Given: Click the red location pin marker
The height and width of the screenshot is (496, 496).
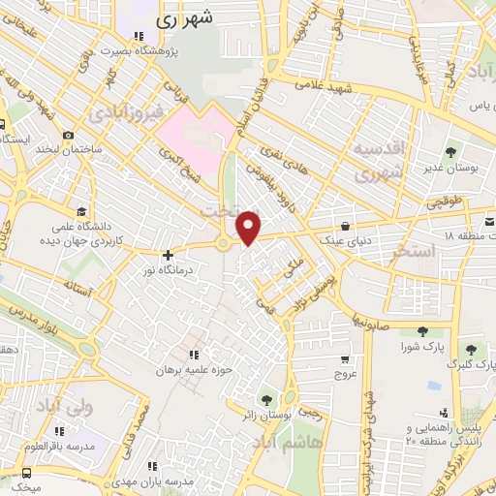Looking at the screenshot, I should click(249, 227).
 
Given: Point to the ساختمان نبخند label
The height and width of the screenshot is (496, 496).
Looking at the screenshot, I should click(69, 150).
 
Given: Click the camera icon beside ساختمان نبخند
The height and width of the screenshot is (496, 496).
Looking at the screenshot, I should click(68, 136).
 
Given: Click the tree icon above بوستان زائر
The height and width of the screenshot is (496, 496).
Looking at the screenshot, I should click(264, 399).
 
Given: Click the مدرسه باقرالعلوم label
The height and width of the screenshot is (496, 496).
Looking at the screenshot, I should click(60, 447).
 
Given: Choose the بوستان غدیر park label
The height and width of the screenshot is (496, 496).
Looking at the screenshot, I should click(452, 167).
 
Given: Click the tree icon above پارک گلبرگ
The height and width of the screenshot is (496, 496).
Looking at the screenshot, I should click(471, 350).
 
